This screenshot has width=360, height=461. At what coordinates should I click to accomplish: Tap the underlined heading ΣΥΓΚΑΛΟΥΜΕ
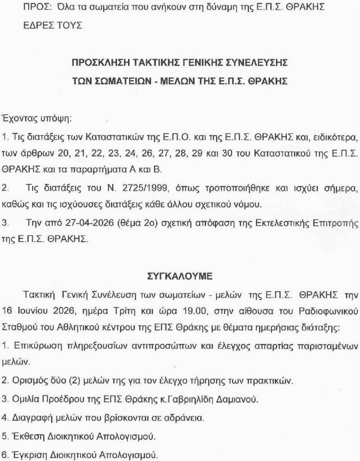pos(179,276)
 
